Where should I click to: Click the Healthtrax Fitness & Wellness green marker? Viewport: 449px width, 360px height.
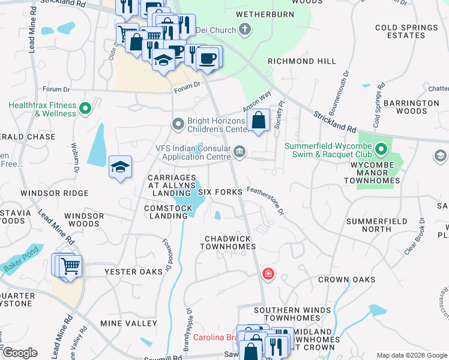click(x=85, y=109)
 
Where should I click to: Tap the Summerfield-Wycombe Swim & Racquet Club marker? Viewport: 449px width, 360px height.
click(x=380, y=148)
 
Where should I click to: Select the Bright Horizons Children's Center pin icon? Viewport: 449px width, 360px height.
click(x=178, y=124)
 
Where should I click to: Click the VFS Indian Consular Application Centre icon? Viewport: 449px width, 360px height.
click(x=240, y=151)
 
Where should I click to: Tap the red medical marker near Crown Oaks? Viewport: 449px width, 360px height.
click(x=268, y=274)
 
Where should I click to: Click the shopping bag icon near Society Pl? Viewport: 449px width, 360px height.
click(x=258, y=120)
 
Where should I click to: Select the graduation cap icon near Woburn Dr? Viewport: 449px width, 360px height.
click(x=120, y=167)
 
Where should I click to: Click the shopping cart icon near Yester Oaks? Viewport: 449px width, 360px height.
click(x=70, y=265)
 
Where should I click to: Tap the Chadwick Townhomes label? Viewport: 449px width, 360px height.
click(x=228, y=242)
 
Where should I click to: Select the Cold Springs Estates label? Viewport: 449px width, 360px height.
click(x=406, y=32)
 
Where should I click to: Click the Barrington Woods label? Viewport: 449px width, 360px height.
click(x=412, y=107)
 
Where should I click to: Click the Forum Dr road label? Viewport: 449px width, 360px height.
click(x=187, y=87)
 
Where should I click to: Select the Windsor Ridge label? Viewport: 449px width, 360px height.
click(x=55, y=193)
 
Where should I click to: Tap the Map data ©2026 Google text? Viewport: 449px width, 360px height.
click(x=411, y=355)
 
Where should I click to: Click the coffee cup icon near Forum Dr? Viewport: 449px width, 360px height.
click(x=208, y=58)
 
